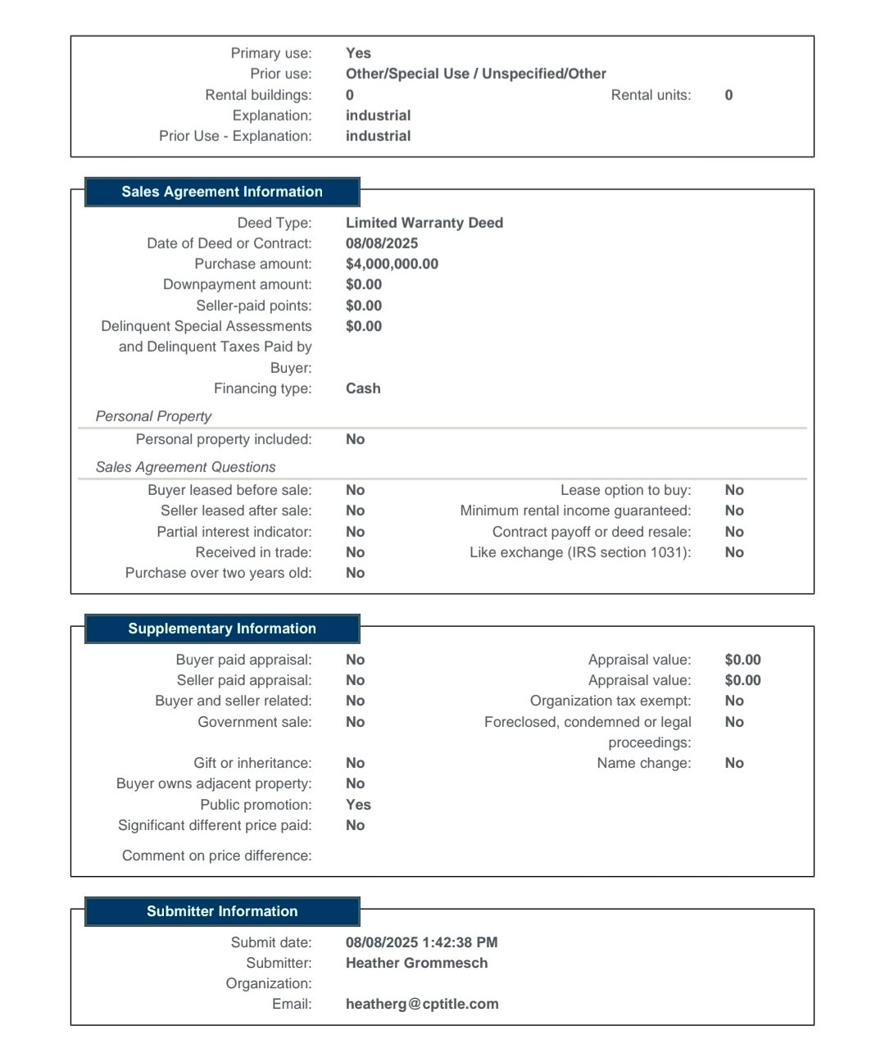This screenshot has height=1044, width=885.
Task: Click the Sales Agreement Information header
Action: pos(222,192)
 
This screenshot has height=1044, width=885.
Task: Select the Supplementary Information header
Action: pos(222,629)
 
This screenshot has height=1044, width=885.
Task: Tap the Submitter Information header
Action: pos(222,911)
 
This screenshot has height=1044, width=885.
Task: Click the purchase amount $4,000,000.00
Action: pos(392,264)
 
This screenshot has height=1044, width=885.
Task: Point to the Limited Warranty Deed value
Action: pos(424,223)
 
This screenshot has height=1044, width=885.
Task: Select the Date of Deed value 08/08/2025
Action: pos(382,243)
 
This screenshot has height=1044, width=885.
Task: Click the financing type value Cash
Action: pos(363,388)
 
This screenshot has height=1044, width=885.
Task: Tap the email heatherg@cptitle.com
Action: pos(422,1004)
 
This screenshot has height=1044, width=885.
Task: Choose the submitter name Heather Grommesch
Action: pos(416,963)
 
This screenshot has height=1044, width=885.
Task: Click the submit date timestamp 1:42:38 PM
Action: pos(460,942)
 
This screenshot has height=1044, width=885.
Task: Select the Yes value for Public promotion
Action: pos(358,805)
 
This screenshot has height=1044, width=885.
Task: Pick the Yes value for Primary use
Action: pos(358,53)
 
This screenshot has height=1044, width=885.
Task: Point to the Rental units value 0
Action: pos(728,95)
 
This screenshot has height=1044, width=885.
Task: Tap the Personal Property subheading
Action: pos(153,416)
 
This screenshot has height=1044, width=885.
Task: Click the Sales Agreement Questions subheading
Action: pos(185,467)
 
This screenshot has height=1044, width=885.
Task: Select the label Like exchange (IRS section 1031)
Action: pos(580,552)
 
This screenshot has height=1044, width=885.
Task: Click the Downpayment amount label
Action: pos(237,284)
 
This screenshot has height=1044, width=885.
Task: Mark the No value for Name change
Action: pos(734,763)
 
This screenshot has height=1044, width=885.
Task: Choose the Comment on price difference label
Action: pos(216,856)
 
